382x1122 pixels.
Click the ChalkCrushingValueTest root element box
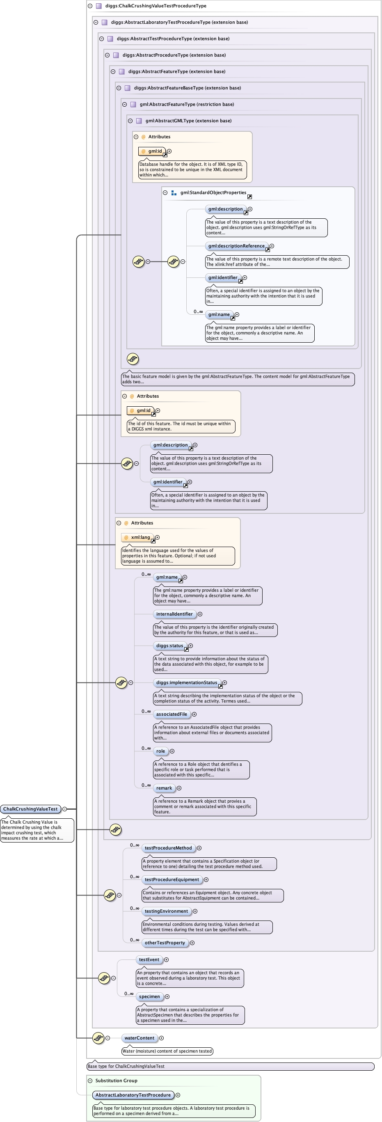30,809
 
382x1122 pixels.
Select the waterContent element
139,1038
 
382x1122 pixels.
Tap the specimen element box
149,996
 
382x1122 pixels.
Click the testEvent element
149,959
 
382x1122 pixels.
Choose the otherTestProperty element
165,943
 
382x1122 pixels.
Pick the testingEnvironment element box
166,911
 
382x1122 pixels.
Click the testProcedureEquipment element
172,879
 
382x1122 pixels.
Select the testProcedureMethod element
168,848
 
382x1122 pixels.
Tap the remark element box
164,788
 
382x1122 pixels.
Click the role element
160,751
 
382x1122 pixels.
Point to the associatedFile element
172,714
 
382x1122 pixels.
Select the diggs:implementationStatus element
186,682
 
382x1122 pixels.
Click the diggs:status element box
169,646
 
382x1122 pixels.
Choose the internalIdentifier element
174,614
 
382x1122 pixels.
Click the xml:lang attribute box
140,538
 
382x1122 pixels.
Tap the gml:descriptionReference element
236,246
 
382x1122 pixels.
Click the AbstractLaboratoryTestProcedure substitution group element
133,1095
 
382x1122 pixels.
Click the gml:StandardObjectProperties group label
213,192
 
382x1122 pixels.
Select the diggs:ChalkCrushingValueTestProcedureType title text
156,6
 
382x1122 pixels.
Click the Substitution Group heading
116,1081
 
